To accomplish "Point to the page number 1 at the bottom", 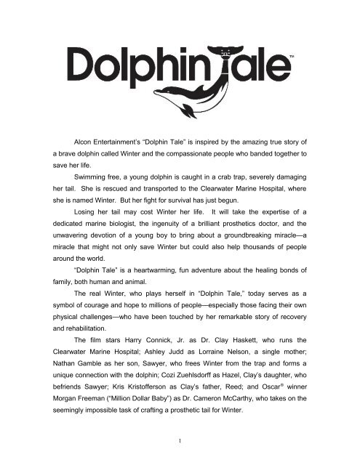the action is [x=180, y=440].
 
